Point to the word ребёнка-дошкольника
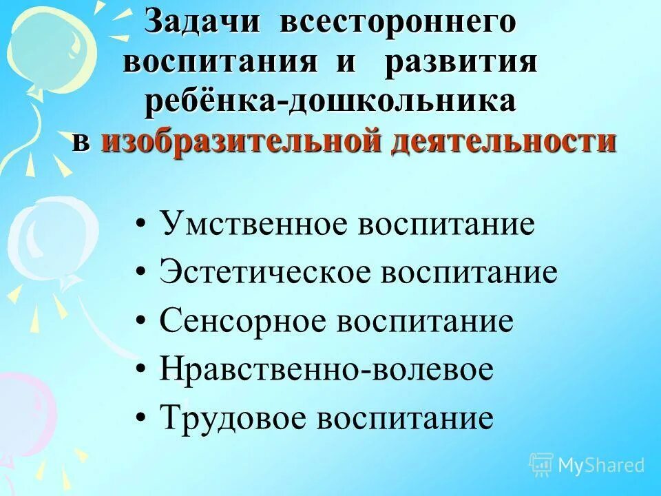[330, 101]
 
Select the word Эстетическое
[265, 273]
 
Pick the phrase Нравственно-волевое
[326, 370]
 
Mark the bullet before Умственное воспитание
[141, 226]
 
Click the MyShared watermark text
[601, 465]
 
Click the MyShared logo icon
[541, 465]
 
